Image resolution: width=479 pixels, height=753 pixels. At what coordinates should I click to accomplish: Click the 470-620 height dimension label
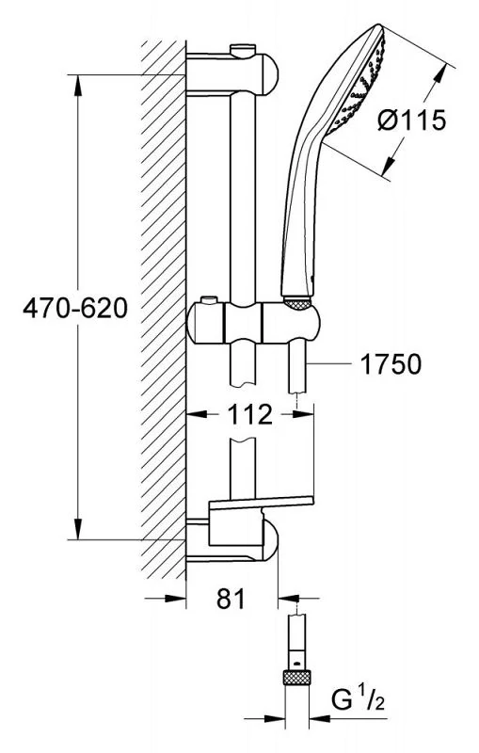click(75, 308)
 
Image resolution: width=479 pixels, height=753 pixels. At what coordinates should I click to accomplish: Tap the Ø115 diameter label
click(411, 120)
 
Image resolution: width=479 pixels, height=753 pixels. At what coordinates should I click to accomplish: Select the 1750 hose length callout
click(391, 363)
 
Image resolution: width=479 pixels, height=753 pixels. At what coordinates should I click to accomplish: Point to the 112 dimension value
click(249, 414)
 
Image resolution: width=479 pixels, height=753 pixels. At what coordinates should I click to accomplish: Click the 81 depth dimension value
click(231, 599)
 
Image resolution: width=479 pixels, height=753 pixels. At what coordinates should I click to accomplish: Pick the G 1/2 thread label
click(358, 700)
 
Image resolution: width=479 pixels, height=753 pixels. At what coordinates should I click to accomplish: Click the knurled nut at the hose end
click(297, 678)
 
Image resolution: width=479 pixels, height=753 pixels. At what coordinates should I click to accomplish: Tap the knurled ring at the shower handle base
click(297, 302)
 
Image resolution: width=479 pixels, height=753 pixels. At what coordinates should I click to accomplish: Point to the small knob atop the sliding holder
click(208, 300)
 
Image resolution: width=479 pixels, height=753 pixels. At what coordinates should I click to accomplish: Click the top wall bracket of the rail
click(232, 75)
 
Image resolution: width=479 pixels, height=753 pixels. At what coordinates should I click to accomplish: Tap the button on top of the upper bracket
click(244, 50)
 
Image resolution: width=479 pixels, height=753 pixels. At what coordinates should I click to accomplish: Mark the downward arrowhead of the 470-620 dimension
click(78, 529)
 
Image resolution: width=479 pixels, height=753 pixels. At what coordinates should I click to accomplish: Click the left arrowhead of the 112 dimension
click(197, 414)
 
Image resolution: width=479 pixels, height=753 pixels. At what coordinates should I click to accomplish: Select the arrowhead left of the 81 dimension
click(176, 599)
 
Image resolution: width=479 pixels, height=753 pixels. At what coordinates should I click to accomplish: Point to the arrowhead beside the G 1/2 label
click(320, 719)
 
